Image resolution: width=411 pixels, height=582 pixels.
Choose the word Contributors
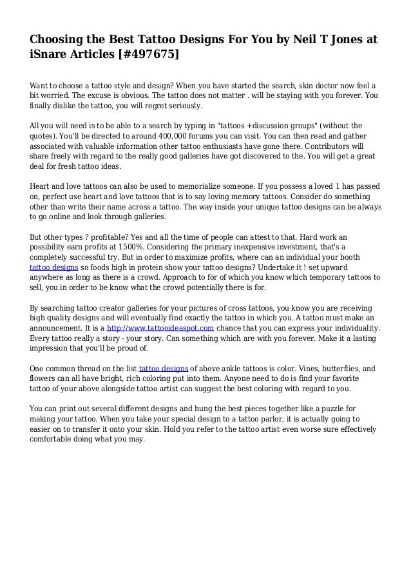pyautogui.click(x=336, y=155)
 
